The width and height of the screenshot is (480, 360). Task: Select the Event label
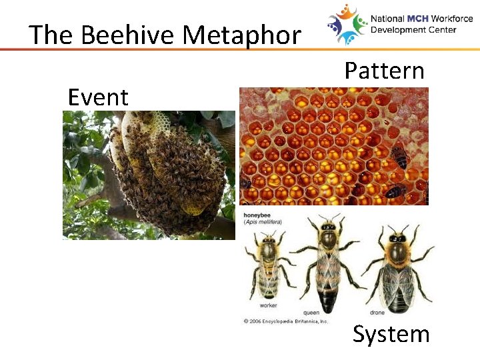pos(98,97)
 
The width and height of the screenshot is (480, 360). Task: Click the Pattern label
pos(384,70)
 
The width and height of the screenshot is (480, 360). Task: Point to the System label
pos(391,333)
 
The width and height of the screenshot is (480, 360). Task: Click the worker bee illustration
pos(269,264)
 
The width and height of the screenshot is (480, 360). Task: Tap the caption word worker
pos(269,305)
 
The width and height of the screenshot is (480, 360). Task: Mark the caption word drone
pos(377,312)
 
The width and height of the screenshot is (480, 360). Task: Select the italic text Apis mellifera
pos(261,221)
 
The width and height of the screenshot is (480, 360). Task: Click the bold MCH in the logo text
pos(419,19)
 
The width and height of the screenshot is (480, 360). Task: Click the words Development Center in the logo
pos(413,30)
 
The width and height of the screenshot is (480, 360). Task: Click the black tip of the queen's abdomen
pos(328,303)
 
